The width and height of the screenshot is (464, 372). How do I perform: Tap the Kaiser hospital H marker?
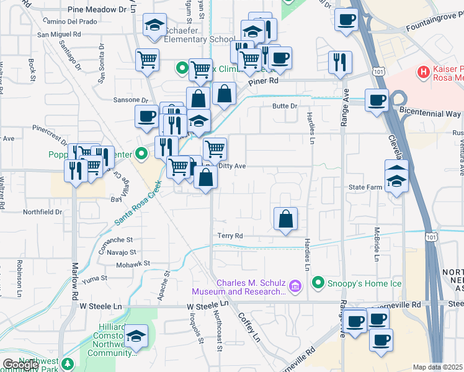click(424, 72)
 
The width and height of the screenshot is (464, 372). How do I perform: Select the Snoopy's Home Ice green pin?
click(319, 283)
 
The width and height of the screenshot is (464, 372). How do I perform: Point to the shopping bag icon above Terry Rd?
click(285, 219)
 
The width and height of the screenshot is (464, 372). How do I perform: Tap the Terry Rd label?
click(230, 236)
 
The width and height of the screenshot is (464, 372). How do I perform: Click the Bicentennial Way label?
click(430, 115)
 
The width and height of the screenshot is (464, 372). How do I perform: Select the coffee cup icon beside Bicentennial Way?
click(376, 100)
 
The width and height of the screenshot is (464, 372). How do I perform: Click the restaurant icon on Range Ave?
click(340, 62)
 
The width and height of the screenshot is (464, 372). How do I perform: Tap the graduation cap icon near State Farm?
click(396, 180)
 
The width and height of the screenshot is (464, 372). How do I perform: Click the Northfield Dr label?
click(43, 212)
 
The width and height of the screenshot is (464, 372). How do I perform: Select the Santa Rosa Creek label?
click(138, 203)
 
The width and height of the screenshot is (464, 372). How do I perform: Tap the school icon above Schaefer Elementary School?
click(154, 25)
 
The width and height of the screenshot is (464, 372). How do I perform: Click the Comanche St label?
click(117, 239)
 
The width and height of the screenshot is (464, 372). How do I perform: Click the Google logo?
click(20, 365)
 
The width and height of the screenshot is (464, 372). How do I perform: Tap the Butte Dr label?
click(285, 106)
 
